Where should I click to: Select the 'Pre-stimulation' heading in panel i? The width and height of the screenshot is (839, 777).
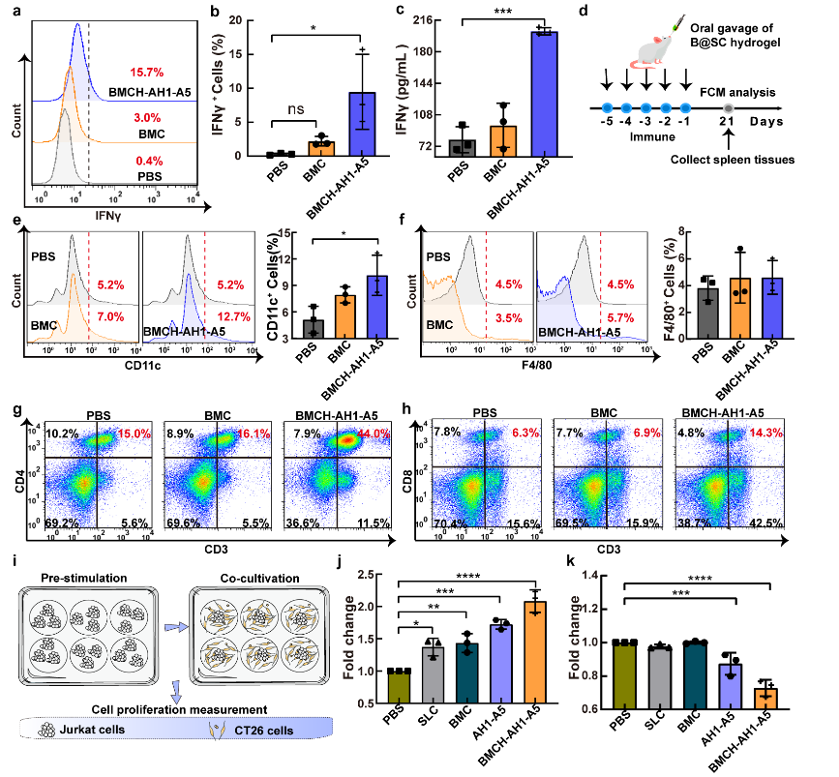pyautogui.click(x=85, y=577)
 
